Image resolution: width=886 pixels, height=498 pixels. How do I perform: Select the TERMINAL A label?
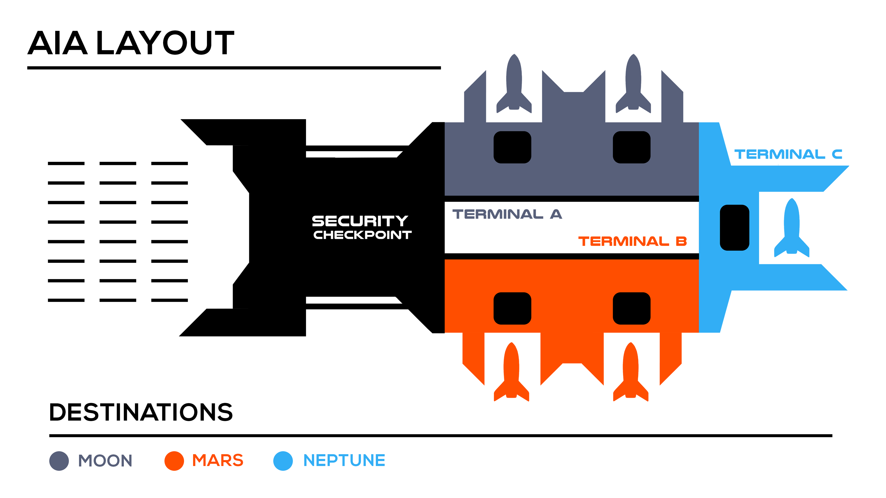point(507,214)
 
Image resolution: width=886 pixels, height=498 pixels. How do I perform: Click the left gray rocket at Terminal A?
point(514,84)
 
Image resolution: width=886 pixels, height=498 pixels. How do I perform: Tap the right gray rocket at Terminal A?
point(633,84)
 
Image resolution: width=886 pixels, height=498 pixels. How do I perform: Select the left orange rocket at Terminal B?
point(512,373)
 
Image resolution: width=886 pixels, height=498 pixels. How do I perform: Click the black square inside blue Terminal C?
point(734,228)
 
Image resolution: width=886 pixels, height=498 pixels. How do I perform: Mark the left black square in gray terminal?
point(512,147)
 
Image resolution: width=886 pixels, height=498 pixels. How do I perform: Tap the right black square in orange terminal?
point(632,308)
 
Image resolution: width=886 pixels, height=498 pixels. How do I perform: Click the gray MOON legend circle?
point(59,461)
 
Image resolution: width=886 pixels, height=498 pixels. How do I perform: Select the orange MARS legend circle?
point(174,461)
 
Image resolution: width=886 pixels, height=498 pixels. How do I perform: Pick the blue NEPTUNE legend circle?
point(283,461)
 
